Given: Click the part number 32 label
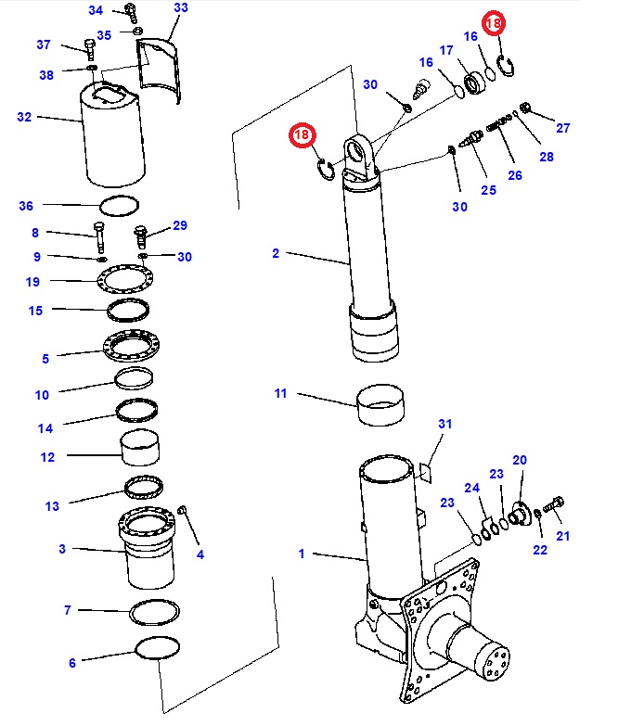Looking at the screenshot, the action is point(24,117).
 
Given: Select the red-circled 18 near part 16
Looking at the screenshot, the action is point(494,22).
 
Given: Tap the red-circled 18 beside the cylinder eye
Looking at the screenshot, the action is point(303,134).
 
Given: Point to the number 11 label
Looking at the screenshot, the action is point(280,393).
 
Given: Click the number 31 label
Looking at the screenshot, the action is point(444,424).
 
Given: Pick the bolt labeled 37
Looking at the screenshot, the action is point(90,49).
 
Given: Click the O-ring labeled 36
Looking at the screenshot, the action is point(120,206).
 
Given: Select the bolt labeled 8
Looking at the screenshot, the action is point(99,237).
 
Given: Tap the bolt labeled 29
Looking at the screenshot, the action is point(140,236).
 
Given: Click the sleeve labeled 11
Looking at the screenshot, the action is point(380,404).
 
